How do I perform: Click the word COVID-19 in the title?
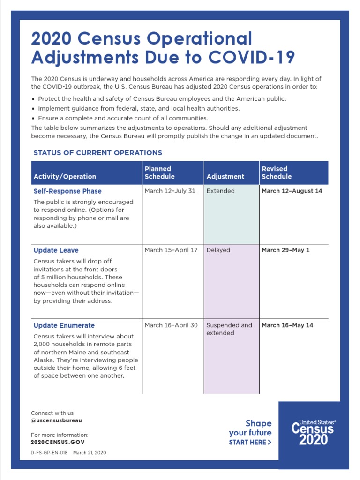[252, 57]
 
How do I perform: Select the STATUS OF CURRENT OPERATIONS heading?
[97, 153]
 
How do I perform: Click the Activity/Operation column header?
[65, 177]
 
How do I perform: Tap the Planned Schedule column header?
[159, 172]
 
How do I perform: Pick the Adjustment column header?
[225, 177]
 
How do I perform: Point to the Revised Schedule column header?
[277, 172]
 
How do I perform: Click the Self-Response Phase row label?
[67, 191]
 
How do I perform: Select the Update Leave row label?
[56, 250]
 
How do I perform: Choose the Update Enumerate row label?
[64, 325]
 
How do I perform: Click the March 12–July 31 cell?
[170, 191]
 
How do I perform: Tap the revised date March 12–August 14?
[292, 191]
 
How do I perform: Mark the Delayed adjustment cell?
[218, 250]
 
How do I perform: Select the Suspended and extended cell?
[229, 329]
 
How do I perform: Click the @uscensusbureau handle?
[56, 421]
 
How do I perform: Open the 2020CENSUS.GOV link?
[58, 442]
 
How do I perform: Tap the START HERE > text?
[250, 442]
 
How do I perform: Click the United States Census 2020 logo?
[314, 432]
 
